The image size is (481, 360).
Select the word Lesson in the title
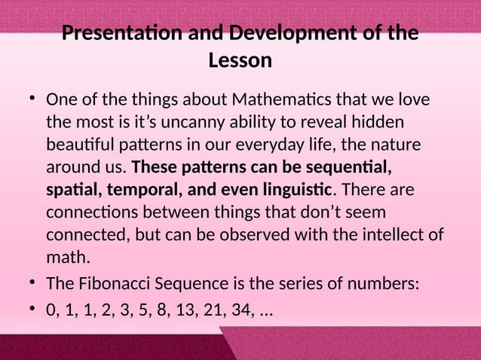(240, 60)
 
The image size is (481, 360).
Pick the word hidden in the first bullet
(378, 121)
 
